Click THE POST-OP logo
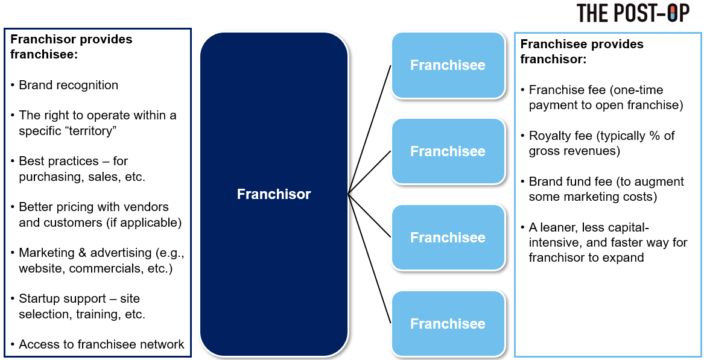pos(633,13)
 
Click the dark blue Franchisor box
pos(274,194)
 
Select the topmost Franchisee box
pos(448,65)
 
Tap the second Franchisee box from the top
pos(448,151)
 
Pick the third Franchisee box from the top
pos(448,238)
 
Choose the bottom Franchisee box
pos(448,324)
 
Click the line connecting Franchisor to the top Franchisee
pos(370,130)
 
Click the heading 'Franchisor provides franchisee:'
pos(71,46)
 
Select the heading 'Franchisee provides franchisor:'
pos(582,52)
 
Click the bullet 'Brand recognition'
pos(68,85)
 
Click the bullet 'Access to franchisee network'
pos(101,344)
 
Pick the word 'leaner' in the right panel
pos(557,227)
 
